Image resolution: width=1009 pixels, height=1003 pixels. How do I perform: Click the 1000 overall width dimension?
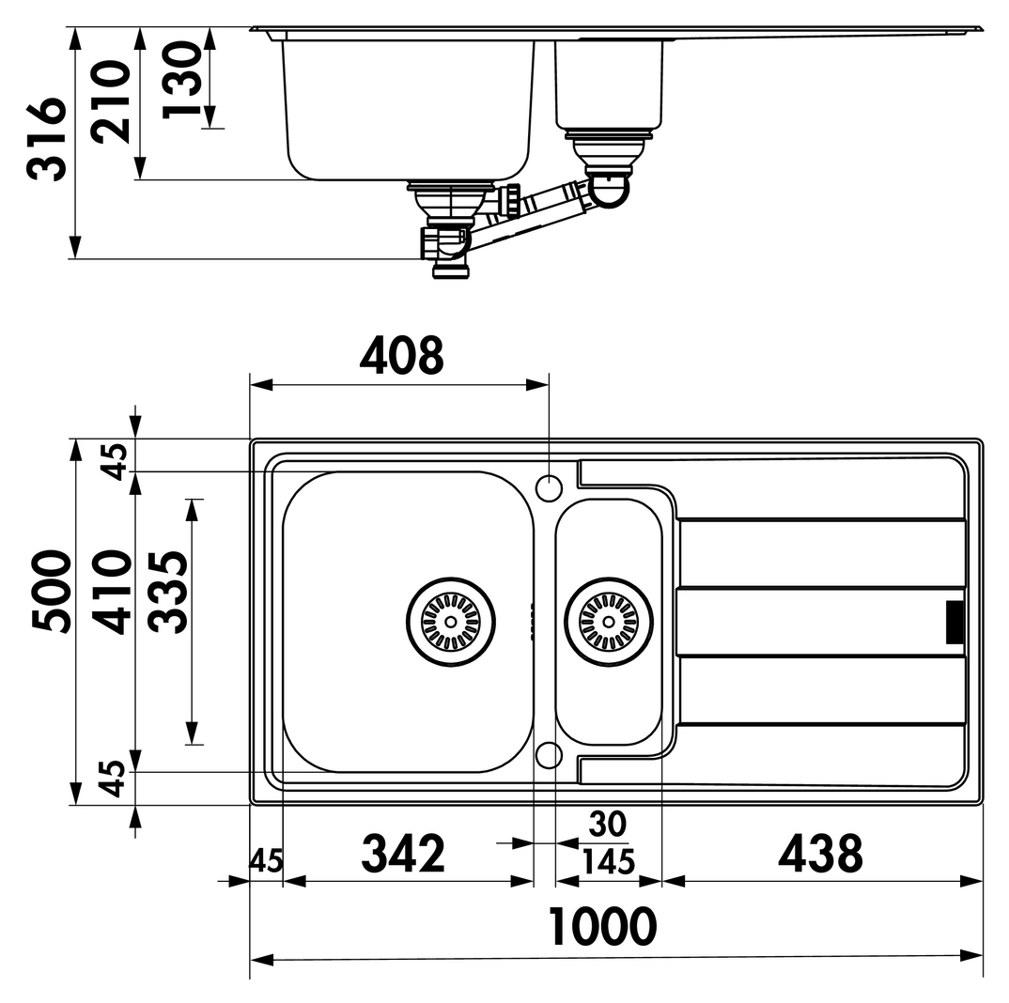pos(602,926)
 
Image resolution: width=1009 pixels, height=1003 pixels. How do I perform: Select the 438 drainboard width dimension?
pos(820,854)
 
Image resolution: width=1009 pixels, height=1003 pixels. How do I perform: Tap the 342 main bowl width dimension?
pos(403,854)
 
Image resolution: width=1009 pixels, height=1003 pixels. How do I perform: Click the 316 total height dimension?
pos(46,138)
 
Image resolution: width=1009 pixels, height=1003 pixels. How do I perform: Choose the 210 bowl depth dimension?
pos(110,101)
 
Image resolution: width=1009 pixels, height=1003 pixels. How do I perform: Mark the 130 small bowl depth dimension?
pos(182,80)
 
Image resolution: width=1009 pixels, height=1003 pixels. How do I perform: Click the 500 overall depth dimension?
pos(52,592)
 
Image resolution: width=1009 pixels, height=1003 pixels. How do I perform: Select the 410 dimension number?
pos(111,592)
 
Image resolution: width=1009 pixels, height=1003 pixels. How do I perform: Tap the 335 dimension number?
pos(168,592)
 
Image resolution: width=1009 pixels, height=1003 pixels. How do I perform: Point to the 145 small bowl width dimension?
pos(608,862)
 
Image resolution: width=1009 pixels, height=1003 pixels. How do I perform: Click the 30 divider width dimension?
pos(608,825)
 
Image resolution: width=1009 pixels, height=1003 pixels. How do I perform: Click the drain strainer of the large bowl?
pos(450,622)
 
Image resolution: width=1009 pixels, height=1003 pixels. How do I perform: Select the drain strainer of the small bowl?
pos(609,622)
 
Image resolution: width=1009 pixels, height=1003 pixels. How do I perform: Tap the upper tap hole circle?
pos(549,487)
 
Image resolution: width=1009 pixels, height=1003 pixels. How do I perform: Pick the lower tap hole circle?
pos(549,755)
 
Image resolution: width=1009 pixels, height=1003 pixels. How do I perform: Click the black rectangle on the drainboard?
pos(955,622)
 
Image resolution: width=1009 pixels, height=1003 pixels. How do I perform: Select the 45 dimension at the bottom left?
pos(266,861)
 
